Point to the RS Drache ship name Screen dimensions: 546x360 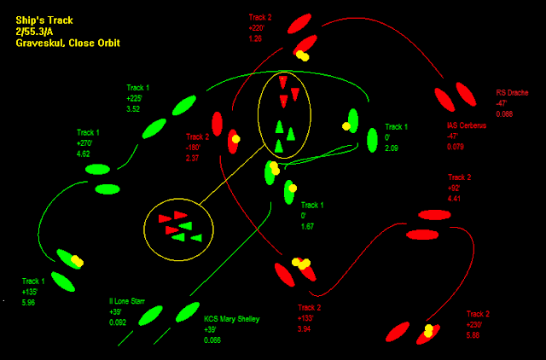pos(513,93)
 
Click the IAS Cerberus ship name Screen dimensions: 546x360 pos(466,125)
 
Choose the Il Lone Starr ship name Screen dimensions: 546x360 pos(127,301)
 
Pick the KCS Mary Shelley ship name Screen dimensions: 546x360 pos(231,319)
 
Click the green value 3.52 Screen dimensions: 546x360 pos(133,109)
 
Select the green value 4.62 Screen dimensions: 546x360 pos(84,154)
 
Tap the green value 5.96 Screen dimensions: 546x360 pos(29,302)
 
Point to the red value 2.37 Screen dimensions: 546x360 pos(193,158)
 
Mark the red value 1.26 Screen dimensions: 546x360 pos(255,38)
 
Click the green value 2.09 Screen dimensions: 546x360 pos(392,148)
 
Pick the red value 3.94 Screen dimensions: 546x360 pos(304,328)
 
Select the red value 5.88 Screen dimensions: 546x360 pos(473,335)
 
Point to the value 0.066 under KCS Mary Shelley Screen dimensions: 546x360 pos(212,340)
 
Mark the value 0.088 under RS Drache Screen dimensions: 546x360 pos(504,113)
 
